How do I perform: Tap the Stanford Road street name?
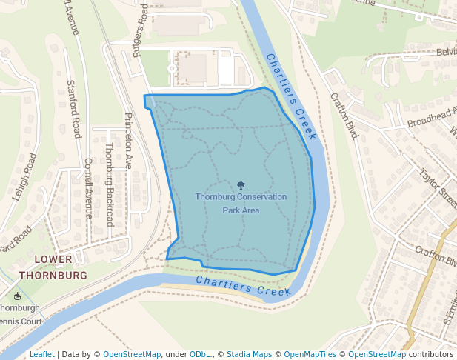click(73, 109)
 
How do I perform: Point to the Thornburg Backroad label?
click(109, 184)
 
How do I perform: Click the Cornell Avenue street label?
click(88, 187)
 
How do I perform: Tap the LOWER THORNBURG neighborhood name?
click(53, 267)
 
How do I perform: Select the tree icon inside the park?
click(241, 185)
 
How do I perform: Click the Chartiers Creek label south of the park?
click(244, 286)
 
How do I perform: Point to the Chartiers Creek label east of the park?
click(291, 96)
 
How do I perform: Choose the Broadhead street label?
click(432, 117)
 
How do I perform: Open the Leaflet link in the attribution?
click(41, 354)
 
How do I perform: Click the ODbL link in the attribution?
click(200, 354)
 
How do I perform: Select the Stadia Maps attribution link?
click(249, 354)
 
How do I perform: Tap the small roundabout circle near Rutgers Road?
click(172, 68)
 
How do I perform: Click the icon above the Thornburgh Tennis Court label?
click(17, 296)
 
